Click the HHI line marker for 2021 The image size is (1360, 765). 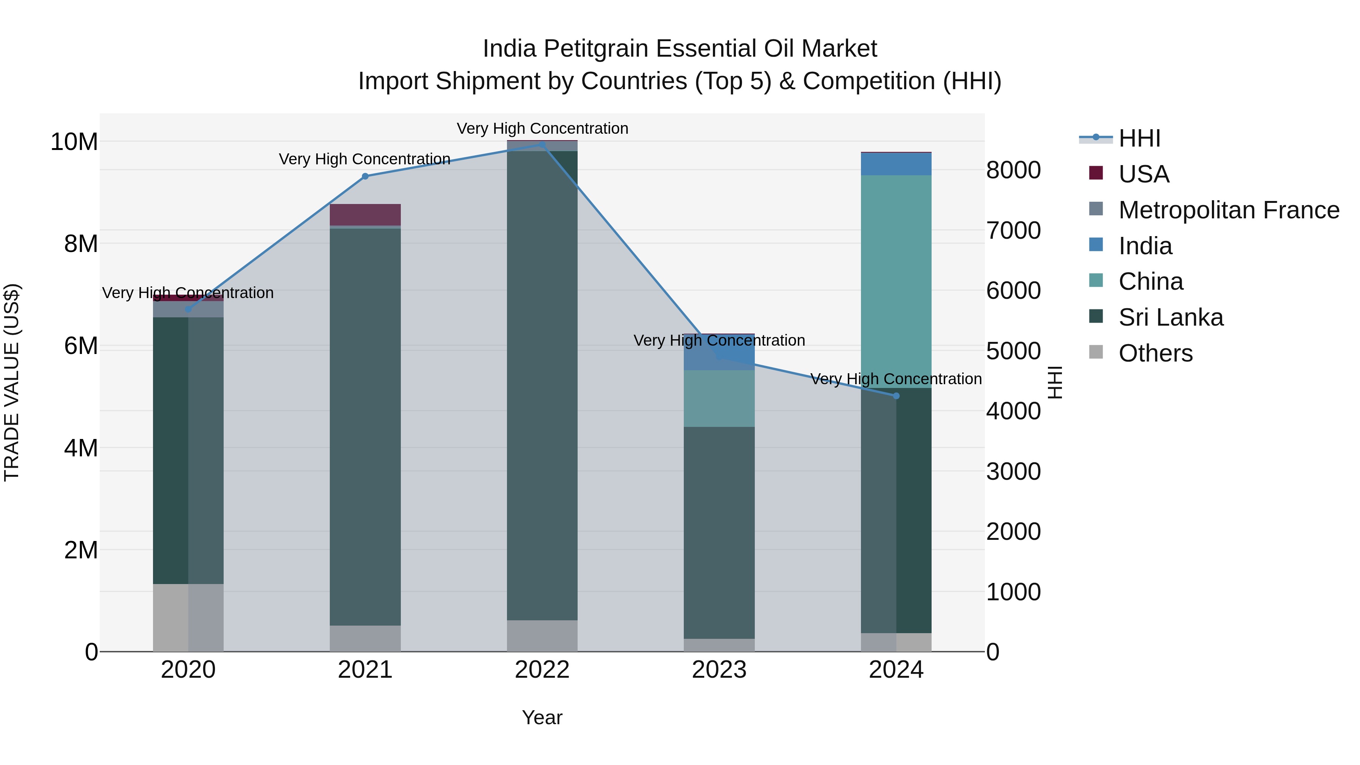coord(365,176)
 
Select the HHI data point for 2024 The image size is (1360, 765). coord(896,396)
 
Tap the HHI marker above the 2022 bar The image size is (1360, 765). coord(542,144)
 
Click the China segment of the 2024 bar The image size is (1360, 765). coord(896,281)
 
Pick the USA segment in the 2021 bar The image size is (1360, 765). coord(365,215)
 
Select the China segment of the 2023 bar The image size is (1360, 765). coord(719,398)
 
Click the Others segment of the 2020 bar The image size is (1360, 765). coord(188,618)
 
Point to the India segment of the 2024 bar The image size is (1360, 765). coord(896,164)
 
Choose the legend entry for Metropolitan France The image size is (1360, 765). coord(1229,210)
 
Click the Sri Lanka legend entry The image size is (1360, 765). coord(1170,317)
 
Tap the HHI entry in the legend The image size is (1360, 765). coord(1139,138)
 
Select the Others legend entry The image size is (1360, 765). coord(1155,353)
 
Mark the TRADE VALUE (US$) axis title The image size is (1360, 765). coord(12,382)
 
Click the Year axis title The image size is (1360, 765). coord(542,717)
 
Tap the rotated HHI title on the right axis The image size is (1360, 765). coord(1054,382)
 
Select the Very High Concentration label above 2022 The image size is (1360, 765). coord(542,128)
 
